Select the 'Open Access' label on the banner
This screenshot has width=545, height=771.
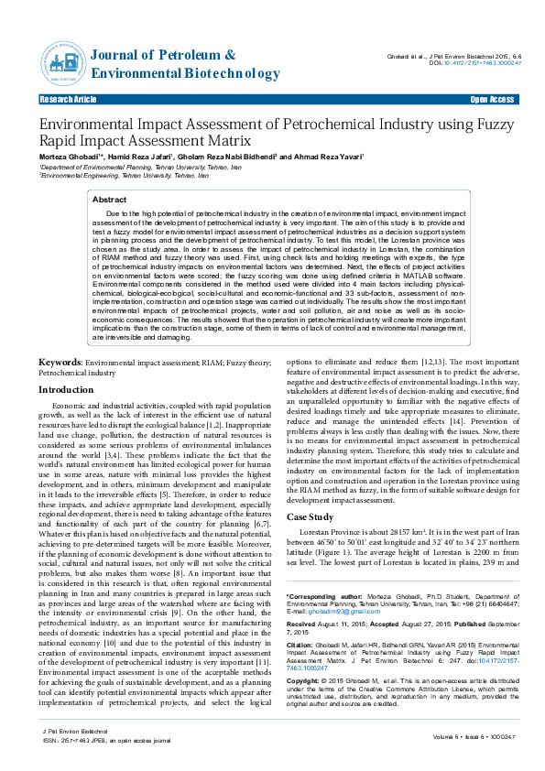pyautogui.click(x=492, y=99)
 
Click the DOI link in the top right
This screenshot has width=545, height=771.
pyautogui.click(x=482, y=63)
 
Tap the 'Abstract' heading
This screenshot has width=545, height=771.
pyautogui.click(x=110, y=199)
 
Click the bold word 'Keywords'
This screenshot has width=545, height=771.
pyautogui.click(x=60, y=363)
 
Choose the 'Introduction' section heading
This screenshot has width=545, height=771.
pyautogui.click(x=65, y=390)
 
